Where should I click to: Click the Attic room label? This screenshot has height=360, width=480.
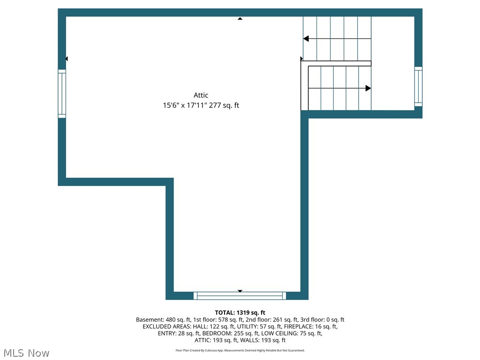click(x=201, y=95)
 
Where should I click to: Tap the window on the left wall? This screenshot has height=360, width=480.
click(x=62, y=94)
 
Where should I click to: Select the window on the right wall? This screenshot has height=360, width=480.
click(x=418, y=86)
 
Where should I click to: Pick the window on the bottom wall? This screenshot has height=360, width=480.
click(x=240, y=296)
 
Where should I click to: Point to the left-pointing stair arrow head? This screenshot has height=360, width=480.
click(x=306, y=38)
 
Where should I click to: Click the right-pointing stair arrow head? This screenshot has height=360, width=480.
click(x=368, y=88)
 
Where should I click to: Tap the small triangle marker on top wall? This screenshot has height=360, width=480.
click(x=240, y=19)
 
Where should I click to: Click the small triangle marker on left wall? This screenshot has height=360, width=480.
click(x=67, y=59)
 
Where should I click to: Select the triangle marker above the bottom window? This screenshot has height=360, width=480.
click(x=240, y=291)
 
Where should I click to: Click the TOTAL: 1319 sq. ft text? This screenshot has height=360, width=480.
click(x=240, y=313)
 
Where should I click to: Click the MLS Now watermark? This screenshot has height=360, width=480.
click(x=26, y=353)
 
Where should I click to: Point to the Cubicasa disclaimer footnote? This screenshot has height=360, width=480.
click(x=240, y=350)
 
